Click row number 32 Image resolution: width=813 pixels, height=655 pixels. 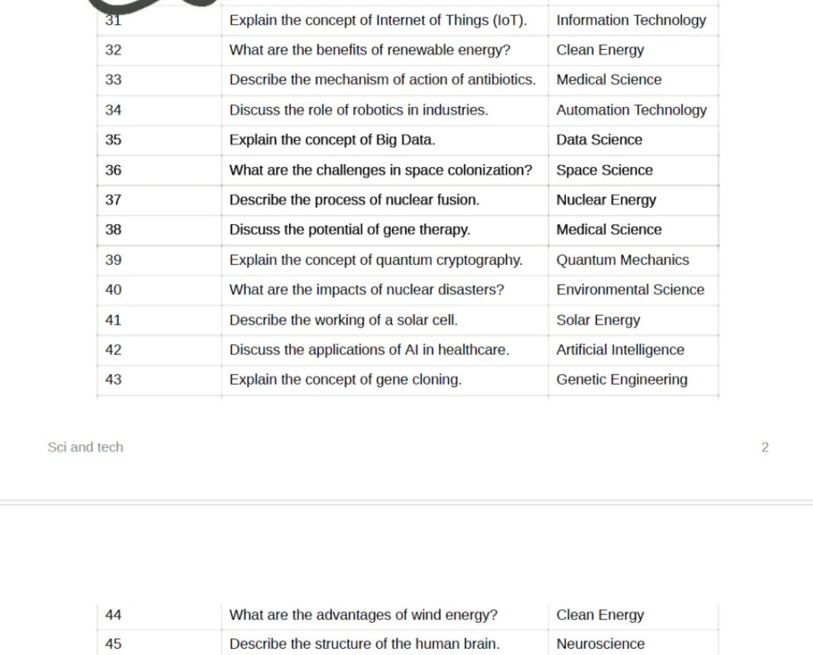click(113, 50)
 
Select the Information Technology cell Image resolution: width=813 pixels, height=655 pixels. click(631, 20)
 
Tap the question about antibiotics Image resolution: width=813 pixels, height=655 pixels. click(382, 80)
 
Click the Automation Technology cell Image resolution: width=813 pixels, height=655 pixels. click(631, 110)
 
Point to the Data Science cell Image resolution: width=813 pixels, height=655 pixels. click(599, 140)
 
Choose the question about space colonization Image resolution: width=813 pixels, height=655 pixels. click(380, 170)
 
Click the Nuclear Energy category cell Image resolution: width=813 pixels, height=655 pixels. click(606, 200)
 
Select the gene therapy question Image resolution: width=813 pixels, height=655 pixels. click(349, 230)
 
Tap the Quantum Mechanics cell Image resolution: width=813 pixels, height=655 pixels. click(623, 260)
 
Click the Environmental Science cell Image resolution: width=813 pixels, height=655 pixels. click(630, 290)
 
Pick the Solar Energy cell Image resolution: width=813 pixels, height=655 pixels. click(598, 320)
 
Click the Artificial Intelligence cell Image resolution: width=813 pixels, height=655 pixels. click(620, 350)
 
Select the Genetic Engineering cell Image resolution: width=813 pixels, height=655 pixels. click(622, 379)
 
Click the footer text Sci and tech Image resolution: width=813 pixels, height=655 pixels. click(85, 447)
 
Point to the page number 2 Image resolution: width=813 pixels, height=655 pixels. click(765, 447)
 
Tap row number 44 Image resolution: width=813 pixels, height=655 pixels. click(113, 615)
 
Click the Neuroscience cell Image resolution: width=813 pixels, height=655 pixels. click(600, 644)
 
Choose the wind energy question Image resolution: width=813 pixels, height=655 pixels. click(363, 615)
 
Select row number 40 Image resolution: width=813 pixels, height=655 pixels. click(113, 290)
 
